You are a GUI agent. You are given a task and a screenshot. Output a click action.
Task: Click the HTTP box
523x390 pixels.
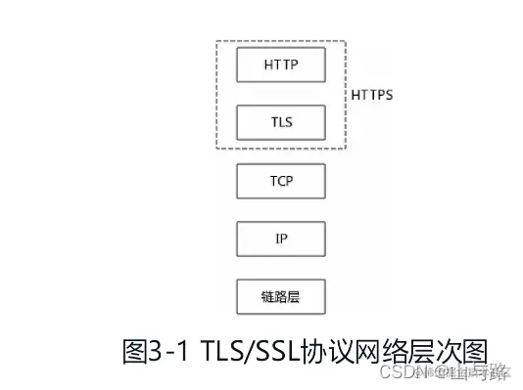(x=280, y=65)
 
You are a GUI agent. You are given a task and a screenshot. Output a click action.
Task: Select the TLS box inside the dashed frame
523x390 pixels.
(x=280, y=123)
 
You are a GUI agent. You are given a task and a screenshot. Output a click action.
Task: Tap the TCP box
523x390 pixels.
(x=280, y=181)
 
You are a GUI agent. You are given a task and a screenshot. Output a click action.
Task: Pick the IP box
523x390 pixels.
(x=280, y=238)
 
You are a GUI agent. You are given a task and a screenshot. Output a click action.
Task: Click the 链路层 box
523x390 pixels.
(x=280, y=296)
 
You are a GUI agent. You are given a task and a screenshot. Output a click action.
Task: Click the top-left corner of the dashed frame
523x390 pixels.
(x=216, y=42)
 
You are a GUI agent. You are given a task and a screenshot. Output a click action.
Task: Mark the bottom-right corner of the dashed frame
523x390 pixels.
(x=345, y=150)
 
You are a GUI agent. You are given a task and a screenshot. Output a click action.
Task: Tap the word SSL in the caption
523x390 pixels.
(x=280, y=349)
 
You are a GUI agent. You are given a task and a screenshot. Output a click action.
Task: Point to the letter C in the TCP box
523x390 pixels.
(x=280, y=181)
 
